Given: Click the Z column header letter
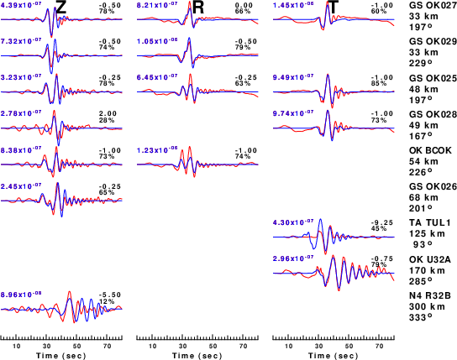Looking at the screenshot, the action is (x=61, y=8).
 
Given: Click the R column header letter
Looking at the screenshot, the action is (x=198, y=8).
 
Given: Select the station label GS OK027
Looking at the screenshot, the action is (x=433, y=6).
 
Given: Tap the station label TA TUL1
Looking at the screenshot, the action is (x=430, y=222).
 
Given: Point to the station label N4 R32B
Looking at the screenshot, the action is (x=430, y=295).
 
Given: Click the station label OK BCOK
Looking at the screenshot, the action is (x=430, y=150).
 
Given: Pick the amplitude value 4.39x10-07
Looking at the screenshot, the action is (x=21, y=4).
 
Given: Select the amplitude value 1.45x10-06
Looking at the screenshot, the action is (x=293, y=4).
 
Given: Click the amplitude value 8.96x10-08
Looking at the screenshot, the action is (x=21, y=295).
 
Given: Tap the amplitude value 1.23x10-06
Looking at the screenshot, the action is (x=157, y=150).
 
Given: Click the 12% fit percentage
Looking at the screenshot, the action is (x=107, y=301).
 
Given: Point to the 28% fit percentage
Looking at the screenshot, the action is (x=107, y=120).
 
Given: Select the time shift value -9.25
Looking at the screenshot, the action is (x=381, y=222).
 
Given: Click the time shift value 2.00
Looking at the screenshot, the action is (x=108, y=113).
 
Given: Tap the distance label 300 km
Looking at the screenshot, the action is (x=427, y=306).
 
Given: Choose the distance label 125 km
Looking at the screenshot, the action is (x=427, y=233).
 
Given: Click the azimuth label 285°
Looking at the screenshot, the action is (x=421, y=281).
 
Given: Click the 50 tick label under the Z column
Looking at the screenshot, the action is (x=76, y=346).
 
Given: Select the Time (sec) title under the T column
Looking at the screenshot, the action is (x=334, y=356).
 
